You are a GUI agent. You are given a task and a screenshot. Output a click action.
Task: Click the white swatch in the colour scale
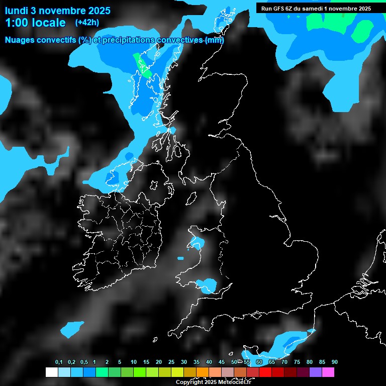(51, 372)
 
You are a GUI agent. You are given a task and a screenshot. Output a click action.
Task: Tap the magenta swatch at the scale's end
(328, 372)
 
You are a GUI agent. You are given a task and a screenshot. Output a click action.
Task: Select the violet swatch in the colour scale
(316, 372)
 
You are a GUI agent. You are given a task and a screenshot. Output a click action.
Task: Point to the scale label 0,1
(59, 362)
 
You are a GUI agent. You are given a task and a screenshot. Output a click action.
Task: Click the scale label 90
(335, 362)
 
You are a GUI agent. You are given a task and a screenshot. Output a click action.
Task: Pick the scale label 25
(171, 362)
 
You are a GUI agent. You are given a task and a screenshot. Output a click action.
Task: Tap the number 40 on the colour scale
(209, 362)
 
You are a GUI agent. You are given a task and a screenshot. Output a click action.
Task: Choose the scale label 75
(297, 362)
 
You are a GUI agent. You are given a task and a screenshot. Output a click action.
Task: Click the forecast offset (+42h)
(86, 23)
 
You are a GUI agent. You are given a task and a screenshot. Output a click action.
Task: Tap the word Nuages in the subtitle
(19, 40)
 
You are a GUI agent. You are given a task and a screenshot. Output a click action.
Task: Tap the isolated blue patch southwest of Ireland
(72, 329)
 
